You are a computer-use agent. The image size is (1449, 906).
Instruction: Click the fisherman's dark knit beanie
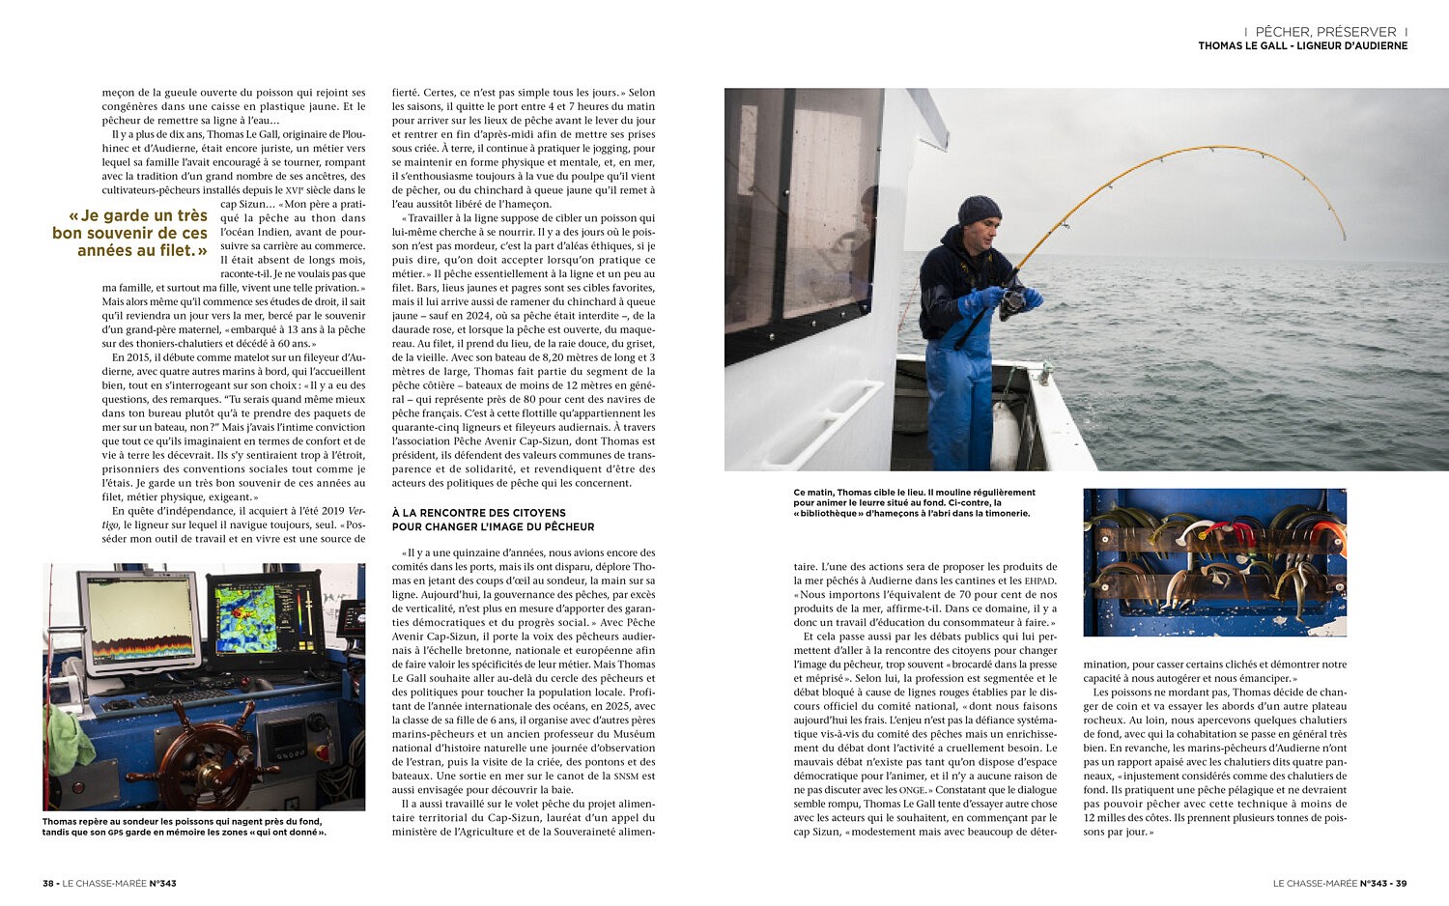[x=979, y=210]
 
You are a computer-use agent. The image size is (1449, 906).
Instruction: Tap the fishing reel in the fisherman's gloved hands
[x=1012, y=301]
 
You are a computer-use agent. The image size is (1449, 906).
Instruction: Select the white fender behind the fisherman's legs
[x=1006, y=435]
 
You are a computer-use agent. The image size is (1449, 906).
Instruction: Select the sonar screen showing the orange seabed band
[x=140, y=620]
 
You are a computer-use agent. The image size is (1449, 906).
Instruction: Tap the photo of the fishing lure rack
[x=1214, y=561]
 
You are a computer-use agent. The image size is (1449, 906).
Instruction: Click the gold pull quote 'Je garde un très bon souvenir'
[x=130, y=233]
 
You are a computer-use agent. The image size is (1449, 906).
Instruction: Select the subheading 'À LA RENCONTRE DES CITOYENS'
[x=479, y=513]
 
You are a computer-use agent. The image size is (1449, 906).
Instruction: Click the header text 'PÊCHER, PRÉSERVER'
[x=1325, y=32]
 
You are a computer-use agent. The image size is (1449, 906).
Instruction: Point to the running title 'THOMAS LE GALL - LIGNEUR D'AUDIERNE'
[x=1302, y=46]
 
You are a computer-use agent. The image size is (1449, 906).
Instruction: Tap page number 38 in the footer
[x=48, y=883]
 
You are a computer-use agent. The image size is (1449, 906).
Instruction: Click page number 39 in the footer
[x=1400, y=883]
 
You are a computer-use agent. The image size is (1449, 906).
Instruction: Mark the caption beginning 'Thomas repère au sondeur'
[x=184, y=827]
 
